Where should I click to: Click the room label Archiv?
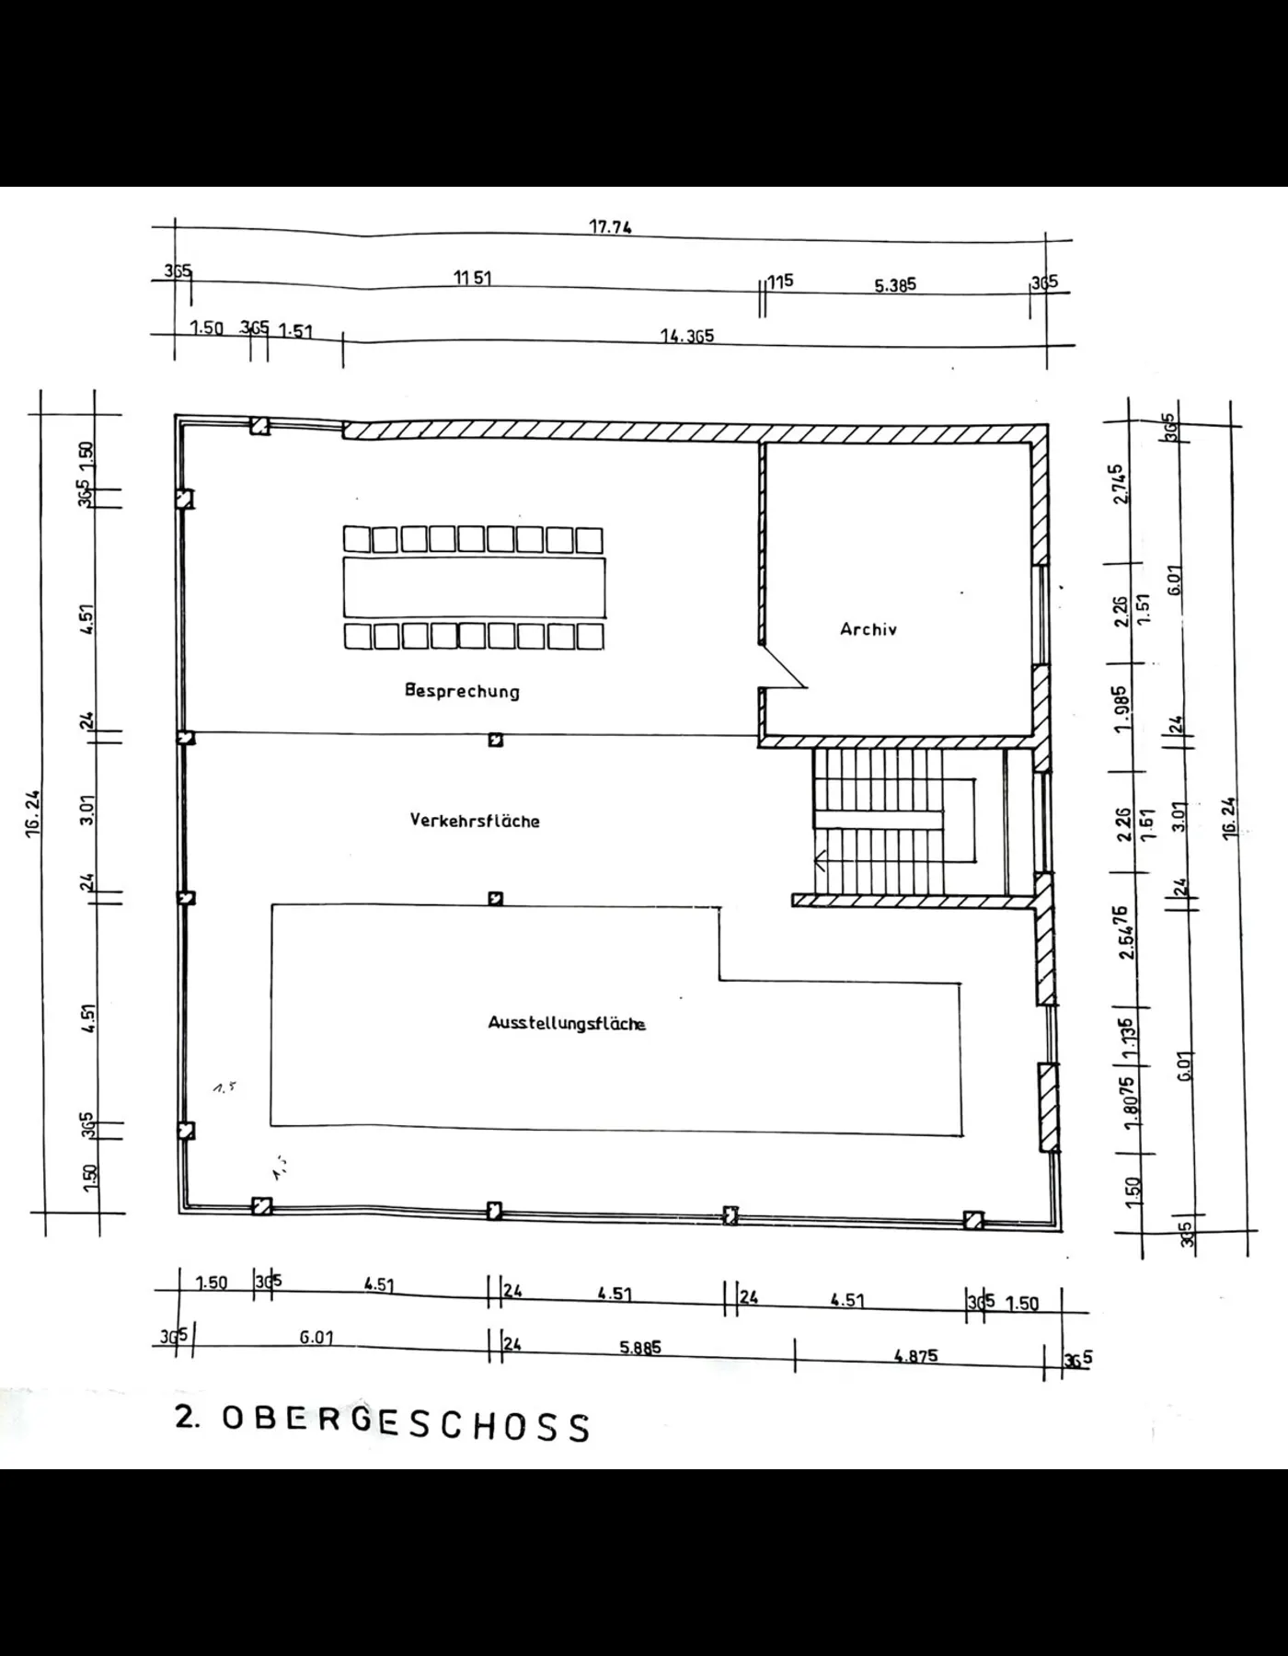click(x=868, y=629)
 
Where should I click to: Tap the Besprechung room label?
click(x=462, y=691)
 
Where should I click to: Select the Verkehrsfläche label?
click(x=475, y=821)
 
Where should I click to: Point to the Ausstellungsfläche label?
click(x=567, y=1023)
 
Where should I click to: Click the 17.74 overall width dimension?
click(x=610, y=227)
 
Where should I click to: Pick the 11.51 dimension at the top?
click(x=472, y=277)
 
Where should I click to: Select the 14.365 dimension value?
click(x=687, y=336)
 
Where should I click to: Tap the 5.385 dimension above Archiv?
click(x=895, y=285)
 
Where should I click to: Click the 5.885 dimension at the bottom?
click(x=639, y=1348)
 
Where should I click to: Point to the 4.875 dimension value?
click(x=915, y=1355)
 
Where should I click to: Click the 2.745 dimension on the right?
click(x=1118, y=484)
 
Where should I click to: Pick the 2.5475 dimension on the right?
click(x=1123, y=932)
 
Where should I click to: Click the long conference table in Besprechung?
click(x=475, y=587)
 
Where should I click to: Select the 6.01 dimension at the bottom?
click(x=316, y=1337)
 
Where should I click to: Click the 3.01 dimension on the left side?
click(x=87, y=811)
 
